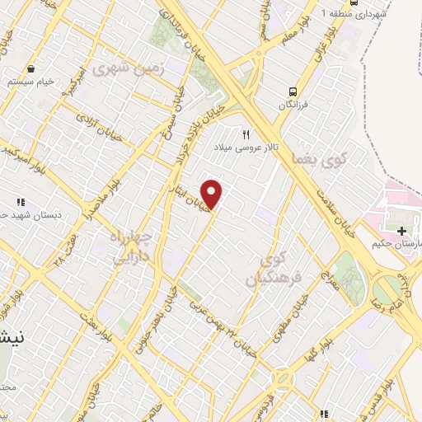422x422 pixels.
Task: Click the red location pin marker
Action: coord(213,195)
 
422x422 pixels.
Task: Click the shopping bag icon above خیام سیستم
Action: coord(30,68)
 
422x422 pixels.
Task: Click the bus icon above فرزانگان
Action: coord(293,91)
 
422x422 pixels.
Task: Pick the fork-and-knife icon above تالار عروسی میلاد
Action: coord(245,134)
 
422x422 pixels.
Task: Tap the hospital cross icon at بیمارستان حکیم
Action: coord(401,232)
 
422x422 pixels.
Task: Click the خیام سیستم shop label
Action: coord(30,82)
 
